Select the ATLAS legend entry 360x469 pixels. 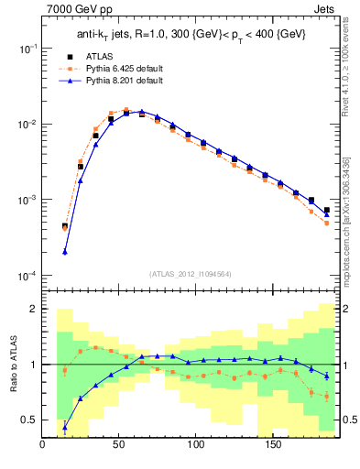pos(105,57)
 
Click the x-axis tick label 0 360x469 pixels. pos(43,446)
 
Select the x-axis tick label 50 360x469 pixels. pos(119,446)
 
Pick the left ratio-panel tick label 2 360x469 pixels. pos(34,310)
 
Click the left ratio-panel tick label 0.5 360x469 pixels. pos(30,420)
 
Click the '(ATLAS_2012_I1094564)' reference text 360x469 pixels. pos(191,274)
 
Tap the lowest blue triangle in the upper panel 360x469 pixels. pos(65,252)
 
